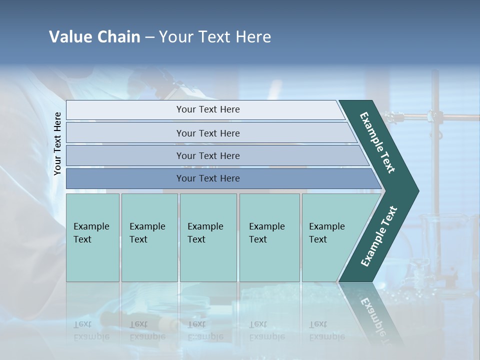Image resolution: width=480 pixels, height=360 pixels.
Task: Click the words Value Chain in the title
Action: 94,37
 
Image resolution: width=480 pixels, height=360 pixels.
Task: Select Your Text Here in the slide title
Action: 215,37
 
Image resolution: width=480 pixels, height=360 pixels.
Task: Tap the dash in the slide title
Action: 149,37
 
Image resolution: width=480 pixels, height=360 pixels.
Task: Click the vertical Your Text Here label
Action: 58,143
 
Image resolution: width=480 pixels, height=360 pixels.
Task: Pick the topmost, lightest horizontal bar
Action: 207,109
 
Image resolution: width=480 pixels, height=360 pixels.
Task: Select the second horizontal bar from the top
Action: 207,133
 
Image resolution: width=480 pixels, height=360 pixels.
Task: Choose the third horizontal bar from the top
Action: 207,155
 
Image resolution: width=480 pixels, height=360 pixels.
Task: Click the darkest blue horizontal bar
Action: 207,178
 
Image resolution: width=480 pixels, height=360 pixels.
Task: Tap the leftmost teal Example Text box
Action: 92,237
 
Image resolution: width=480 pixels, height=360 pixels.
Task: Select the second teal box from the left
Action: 149,237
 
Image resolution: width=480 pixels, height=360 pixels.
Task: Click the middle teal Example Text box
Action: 208,237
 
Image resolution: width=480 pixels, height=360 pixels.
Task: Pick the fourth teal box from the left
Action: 269,237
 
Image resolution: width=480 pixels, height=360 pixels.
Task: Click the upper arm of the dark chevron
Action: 378,142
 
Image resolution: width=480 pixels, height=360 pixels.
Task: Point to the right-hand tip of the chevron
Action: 415,191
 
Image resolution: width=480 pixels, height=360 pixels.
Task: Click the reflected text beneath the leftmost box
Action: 91,330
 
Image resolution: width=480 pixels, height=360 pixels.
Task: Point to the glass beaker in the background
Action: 440,235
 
